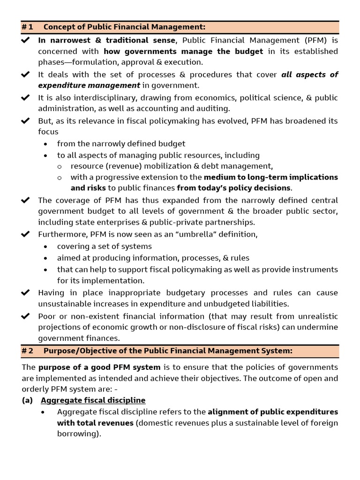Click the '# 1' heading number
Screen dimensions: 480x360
27,27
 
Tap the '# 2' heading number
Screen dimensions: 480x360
27,351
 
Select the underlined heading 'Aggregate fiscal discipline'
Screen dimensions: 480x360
93,400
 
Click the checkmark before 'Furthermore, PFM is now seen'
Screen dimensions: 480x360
26,234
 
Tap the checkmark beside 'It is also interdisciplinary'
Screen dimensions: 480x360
26,97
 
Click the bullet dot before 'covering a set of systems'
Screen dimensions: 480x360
45,247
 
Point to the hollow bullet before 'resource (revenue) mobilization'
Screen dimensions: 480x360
59,166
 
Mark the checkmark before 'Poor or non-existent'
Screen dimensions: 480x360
26,316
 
